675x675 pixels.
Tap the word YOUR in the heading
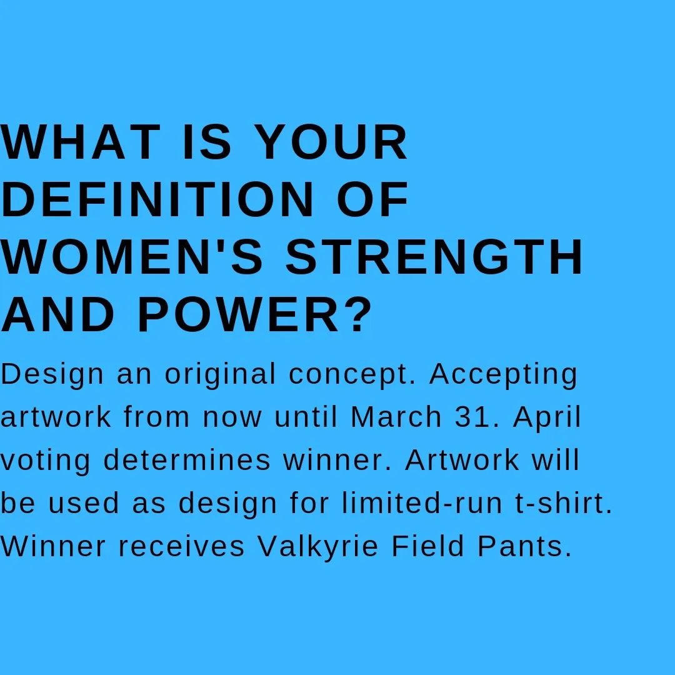pos(333,142)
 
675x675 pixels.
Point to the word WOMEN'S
pos(131,256)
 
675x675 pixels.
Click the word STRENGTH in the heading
pos(434,257)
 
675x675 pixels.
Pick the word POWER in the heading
pos(239,314)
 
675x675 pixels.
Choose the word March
pos(396,417)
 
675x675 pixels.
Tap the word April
pos(547,418)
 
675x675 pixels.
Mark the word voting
pos(45,461)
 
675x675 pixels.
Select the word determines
pos(187,460)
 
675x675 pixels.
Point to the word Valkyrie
pos(318,547)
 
